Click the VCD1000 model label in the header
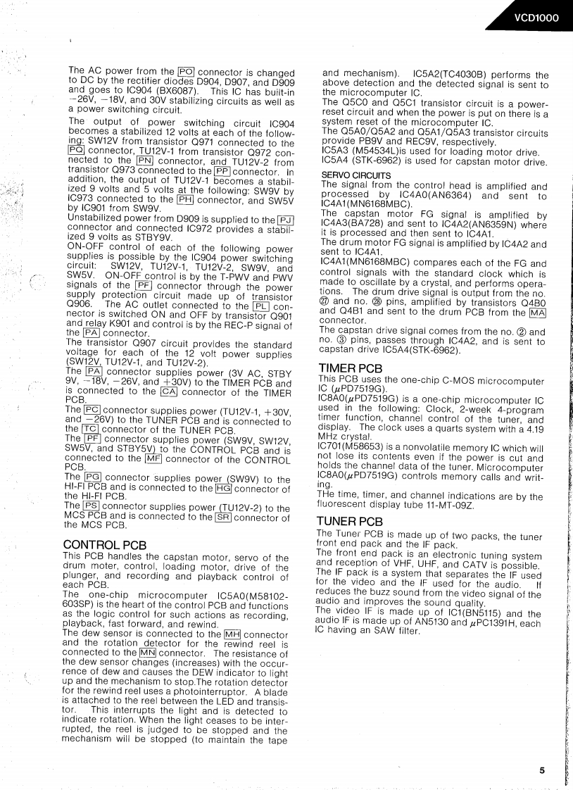pyautogui.click(x=536, y=18)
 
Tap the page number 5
pyautogui.click(x=542, y=770)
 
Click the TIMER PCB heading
pyautogui.click(x=350, y=368)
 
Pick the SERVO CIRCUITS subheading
pyautogui.click(x=355, y=175)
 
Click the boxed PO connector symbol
pyautogui.click(x=187, y=71)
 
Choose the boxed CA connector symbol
pyautogui.click(x=169, y=392)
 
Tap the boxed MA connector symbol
pyautogui.click(x=538, y=313)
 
